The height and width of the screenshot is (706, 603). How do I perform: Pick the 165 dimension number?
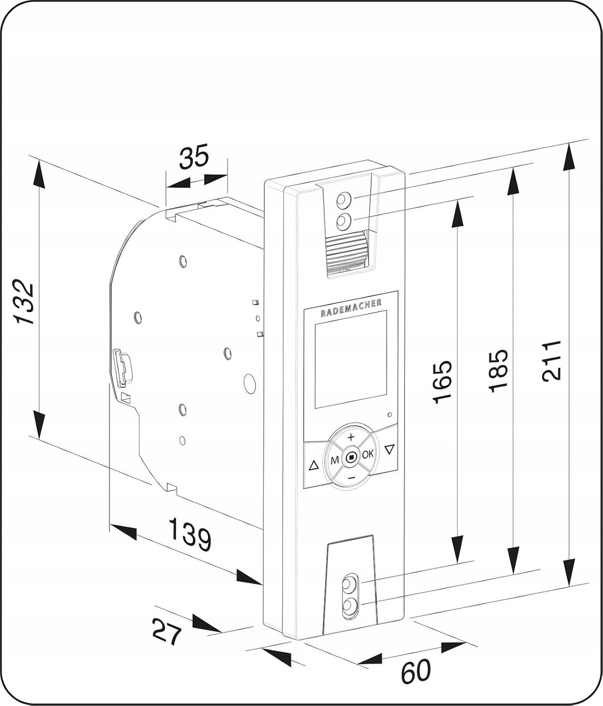(442, 381)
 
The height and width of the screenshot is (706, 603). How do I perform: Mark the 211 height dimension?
(551, 361)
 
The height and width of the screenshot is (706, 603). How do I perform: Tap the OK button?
(368, 454)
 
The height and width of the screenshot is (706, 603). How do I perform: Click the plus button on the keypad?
(351, 437)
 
